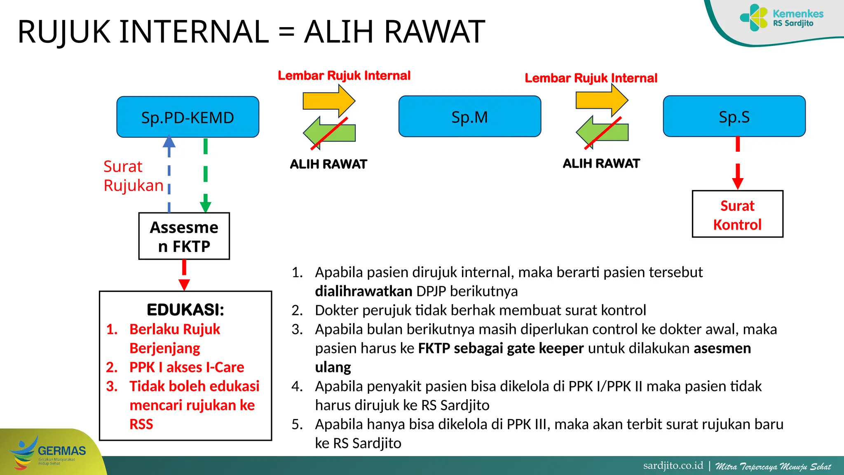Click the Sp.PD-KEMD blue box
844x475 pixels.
coord(188,117)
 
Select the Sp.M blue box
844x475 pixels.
coord(469,117)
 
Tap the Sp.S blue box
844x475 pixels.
coord(734,116)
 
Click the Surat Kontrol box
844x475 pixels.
coord(737,214)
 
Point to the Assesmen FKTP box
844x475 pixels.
coord(184,236)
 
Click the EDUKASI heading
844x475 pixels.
coord(185,310)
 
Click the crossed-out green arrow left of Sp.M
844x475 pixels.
coord(329,133)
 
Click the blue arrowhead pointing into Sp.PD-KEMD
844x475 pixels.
coord(169,142)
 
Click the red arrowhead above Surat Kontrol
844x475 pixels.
coord(738,183)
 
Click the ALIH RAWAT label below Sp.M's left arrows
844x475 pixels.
coord(328,164)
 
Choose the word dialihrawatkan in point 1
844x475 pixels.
coord(363,291)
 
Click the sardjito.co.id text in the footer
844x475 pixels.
coord(673,466)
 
